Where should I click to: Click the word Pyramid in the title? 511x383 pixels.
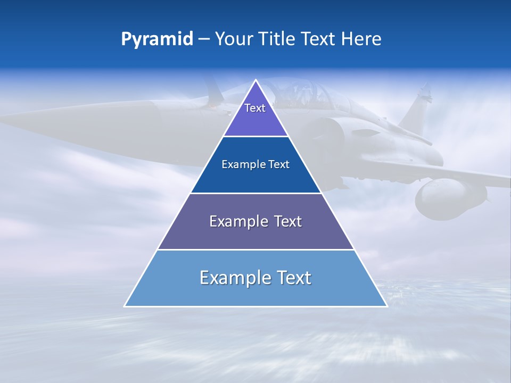coord(157,39)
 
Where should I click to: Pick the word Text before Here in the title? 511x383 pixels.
coord(319,39)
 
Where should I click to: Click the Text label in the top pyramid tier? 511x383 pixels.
coord(255,108)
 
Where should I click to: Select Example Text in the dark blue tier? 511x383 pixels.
coord(256,164)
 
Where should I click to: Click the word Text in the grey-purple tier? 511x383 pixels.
coord(287,221)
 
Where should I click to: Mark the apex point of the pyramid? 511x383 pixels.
coord(256,80)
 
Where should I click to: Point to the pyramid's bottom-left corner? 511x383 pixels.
coord(125,306)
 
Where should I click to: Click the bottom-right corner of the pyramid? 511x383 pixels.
coord(387,306)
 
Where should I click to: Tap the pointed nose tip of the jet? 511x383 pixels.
coord(2,115)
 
